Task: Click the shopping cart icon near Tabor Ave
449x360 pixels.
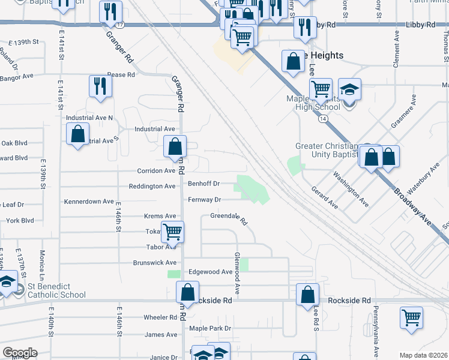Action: tap(173, 231)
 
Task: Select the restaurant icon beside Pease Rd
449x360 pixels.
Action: tap(100, 86)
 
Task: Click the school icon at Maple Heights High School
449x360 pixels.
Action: tap(349, 89)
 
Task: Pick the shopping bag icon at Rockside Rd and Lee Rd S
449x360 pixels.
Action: tap(307, 295)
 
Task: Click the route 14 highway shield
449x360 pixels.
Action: tap(323, 119)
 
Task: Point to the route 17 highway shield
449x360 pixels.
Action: tap(121, 25)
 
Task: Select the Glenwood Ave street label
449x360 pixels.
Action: tap(238, 273)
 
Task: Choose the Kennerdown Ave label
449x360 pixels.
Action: tap(89, 202)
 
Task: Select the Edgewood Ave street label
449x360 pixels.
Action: tap(210, 272)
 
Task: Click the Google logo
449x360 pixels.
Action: tap(20, 353)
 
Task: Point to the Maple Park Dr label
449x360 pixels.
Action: tap(210, 329)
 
